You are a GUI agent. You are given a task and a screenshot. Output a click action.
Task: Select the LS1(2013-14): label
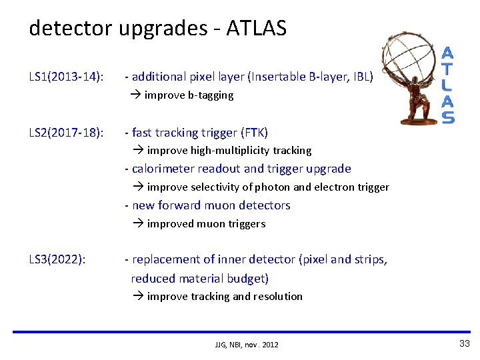(66, 77)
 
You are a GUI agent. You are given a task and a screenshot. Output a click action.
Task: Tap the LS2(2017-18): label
(66, 133)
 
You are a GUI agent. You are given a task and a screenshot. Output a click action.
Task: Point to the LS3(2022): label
(57, 259)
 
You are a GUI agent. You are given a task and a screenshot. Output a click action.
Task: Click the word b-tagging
(211, 95)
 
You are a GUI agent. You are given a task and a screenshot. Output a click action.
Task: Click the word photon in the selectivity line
(255, 187)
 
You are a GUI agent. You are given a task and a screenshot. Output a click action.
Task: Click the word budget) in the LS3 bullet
(247, 278)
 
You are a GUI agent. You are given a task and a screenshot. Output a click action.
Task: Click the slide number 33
(464, 343)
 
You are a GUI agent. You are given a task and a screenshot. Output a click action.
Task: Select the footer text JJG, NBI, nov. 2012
(247, 345)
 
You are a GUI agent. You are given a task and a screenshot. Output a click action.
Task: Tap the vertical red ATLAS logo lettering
(449, 85)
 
